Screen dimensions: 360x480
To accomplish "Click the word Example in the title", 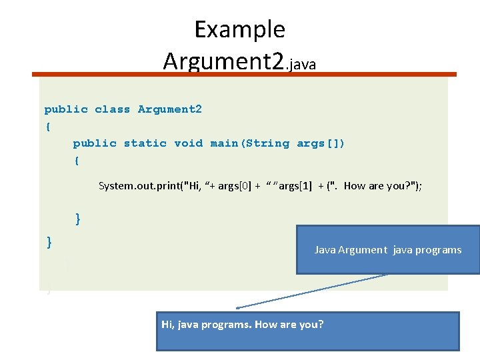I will [x=239, y=29].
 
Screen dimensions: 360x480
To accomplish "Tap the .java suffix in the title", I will [x=301, y=64].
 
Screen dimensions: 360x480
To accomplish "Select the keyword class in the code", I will [x=112, y=109].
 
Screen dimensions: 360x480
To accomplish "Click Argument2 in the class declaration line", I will [x=169, y=109].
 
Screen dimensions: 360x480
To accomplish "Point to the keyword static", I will [x=145, y=143].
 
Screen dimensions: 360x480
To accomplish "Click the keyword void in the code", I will [x=188, y=143].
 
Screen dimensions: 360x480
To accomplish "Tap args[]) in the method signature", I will [x=321, y=143].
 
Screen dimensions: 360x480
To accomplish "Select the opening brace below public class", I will [x=47, y=127].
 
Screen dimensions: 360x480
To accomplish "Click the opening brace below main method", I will [x=77, y=161].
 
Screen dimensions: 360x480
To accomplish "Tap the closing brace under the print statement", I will [x=78, y=219].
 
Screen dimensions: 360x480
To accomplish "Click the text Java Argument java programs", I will [x=387, y=250].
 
